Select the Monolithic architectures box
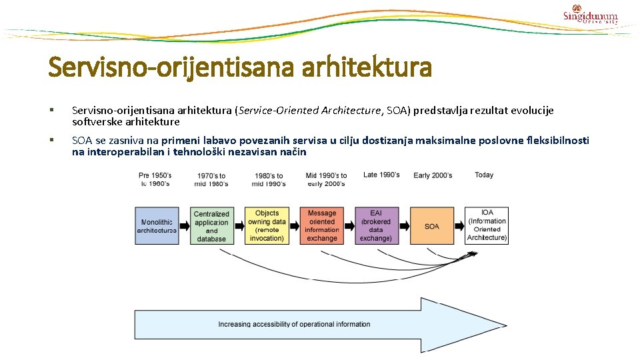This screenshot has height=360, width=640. click(157, 226)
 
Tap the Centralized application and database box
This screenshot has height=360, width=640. click(211, 226)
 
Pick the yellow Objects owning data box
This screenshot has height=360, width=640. click(267, 226)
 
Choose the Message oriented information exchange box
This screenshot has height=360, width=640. click(322, 226)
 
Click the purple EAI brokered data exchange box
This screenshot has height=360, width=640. click(376, 226)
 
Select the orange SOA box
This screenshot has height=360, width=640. click(431, 226)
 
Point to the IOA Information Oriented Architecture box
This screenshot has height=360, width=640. click(487, 226)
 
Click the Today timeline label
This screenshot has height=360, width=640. click(484, 175)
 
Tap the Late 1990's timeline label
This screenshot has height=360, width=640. click(381, 175)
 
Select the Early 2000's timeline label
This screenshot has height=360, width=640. click(433, 175)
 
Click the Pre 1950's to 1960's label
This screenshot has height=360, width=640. click(155, 179)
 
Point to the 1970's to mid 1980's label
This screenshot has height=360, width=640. click(211, 180)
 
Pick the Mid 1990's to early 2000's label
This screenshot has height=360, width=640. click(326, 180)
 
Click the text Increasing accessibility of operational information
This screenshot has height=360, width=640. click(294, 325)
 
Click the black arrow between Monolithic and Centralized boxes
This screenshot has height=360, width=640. click(185, 226)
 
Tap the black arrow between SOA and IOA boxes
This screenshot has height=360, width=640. click(459, 226)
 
